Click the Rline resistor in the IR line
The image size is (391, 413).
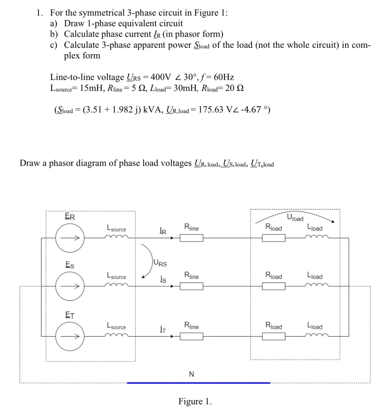coord(191,238)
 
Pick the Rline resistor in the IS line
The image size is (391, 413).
coord(191,286)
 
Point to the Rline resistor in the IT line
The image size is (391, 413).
coord(191,336)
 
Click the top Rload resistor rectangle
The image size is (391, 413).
coord(274,238)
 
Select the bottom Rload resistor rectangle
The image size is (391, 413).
coord(274,336)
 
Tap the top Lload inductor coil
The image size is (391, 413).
coord(317,237)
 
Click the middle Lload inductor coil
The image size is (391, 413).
coord(317,285)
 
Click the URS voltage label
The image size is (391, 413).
coord(160,263)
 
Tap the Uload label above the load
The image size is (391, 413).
coord(295,218)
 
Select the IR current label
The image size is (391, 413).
coord(163,231)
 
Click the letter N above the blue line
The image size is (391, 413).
coord(191,374)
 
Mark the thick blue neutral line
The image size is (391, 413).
coord(198,383)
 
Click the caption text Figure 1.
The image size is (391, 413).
coord(195,401)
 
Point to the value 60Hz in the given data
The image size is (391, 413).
coord(224,77)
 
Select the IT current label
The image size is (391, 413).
coord(163,329)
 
